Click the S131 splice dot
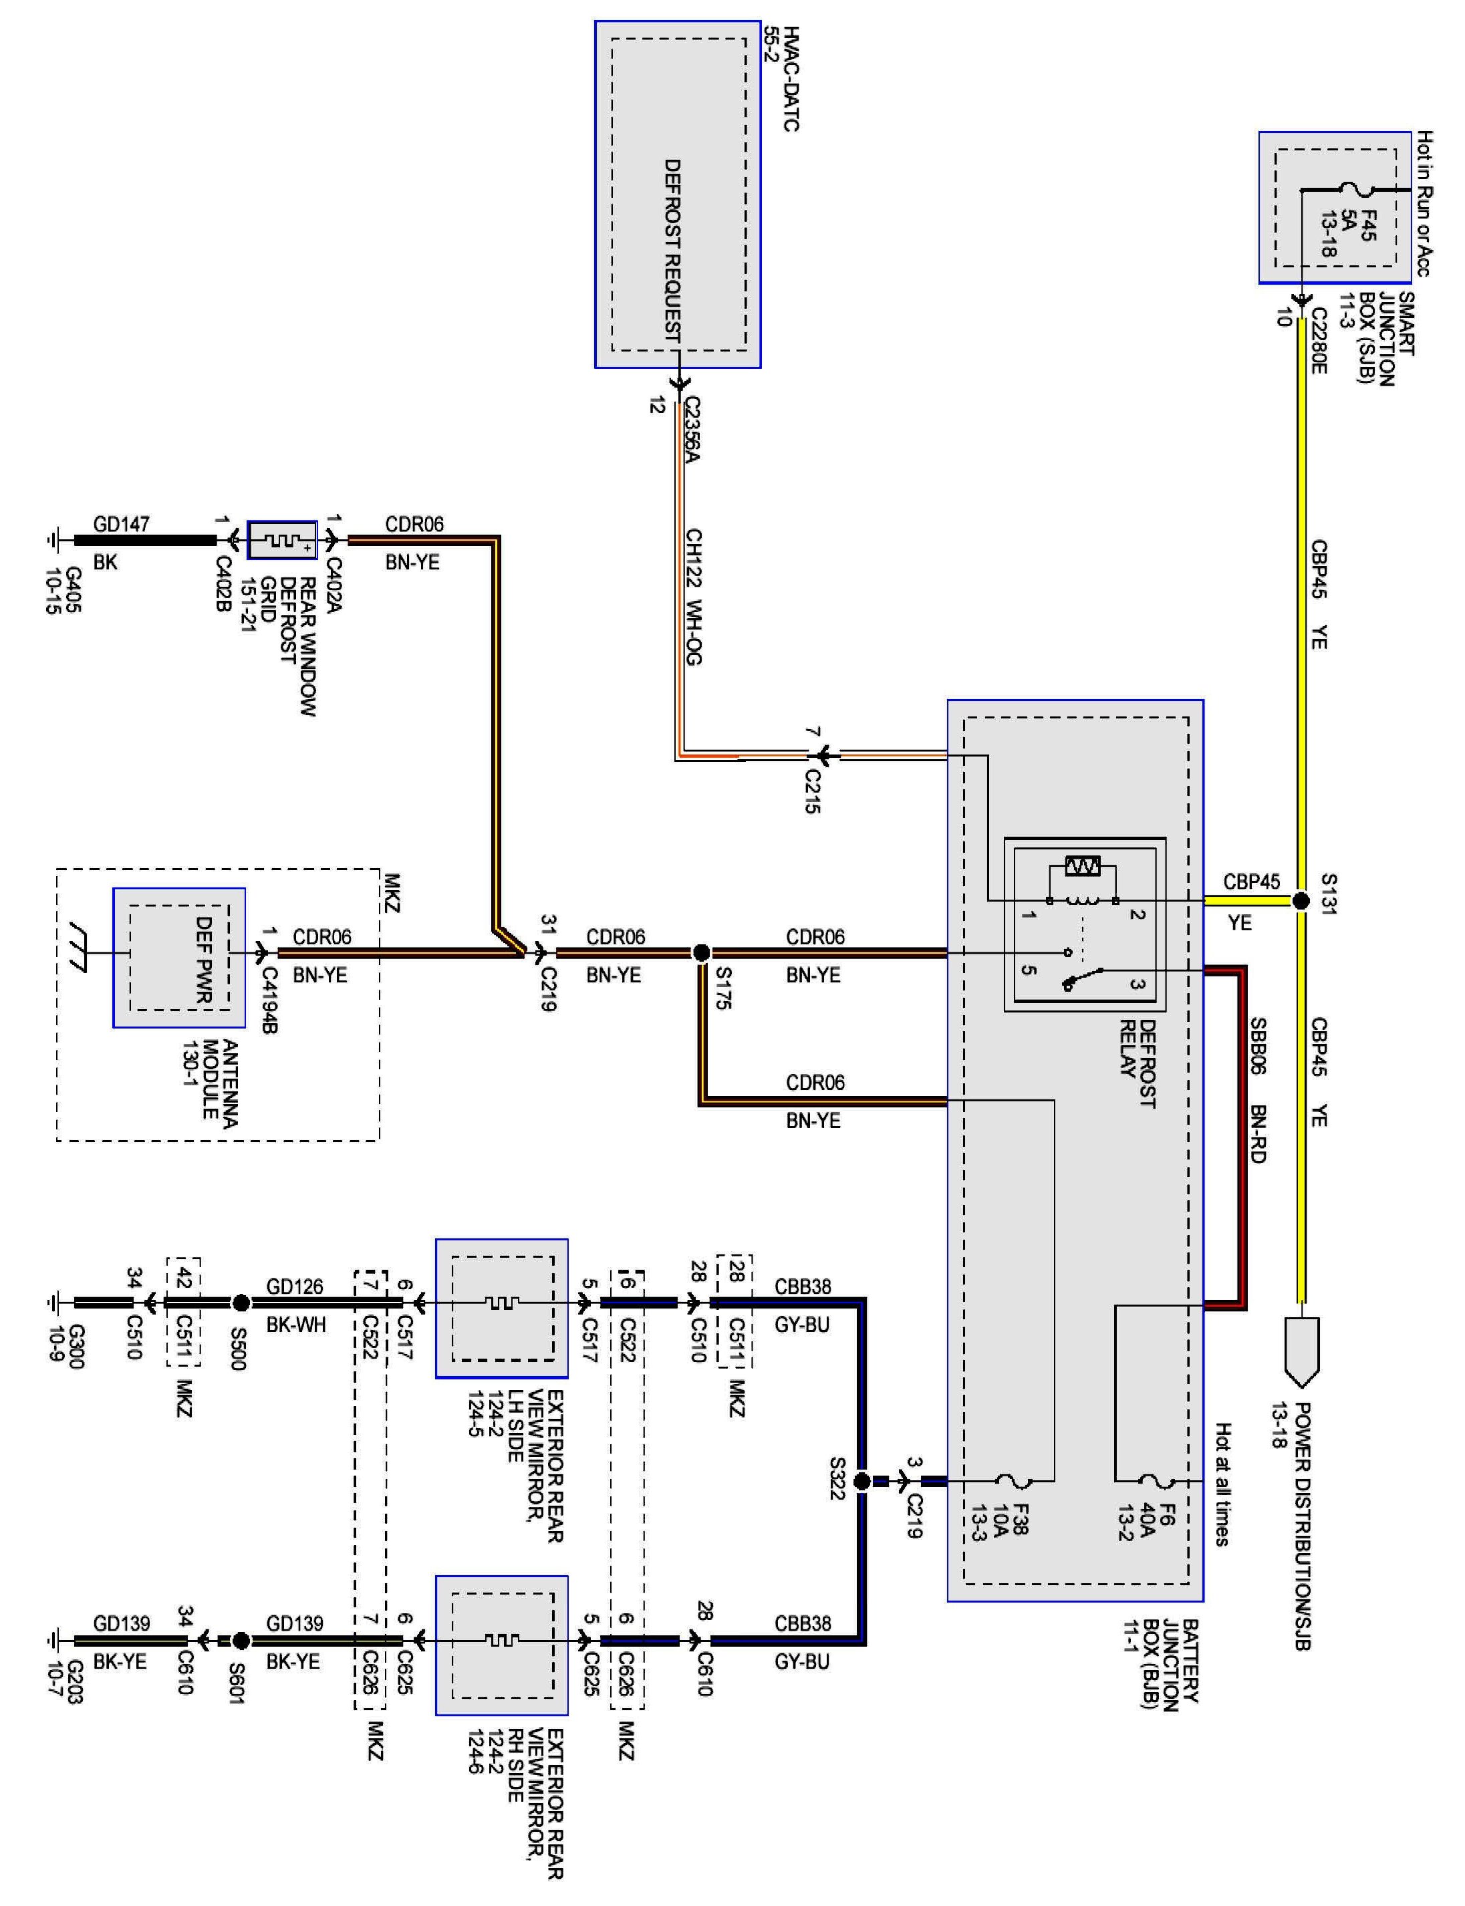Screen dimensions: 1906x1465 pyautogui.click(x=1300, y=901)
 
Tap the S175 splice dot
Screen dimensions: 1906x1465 pyautogui.click(x=701, y=953)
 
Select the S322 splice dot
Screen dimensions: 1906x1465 pyautogui.click(x=861, y=1480)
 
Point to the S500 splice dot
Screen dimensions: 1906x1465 pyautogui.click(x=241, y=1303)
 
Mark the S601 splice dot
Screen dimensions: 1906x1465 pyautogui.click(x=241, y=1640)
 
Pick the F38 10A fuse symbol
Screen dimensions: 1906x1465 pyautogui.click(x=1014, y=1480)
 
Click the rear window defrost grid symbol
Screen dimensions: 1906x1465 pyautogui.click(x=281, y=541)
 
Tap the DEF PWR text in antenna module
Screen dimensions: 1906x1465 pyautogui.click(x=204, y=958)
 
